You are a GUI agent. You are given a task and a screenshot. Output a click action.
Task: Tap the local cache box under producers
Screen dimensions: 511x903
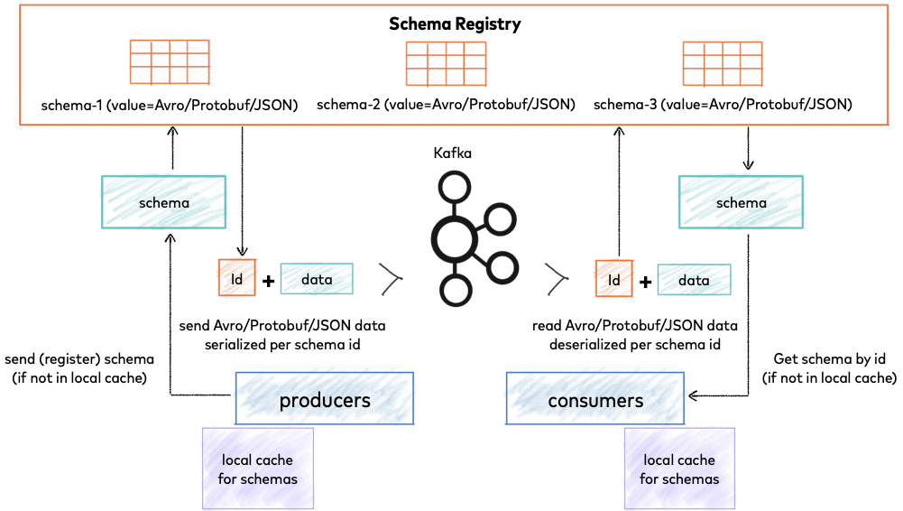(257, 469)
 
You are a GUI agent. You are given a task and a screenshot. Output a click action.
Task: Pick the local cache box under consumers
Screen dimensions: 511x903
(679, 469)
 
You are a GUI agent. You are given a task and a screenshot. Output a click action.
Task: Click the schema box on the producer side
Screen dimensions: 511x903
(163, 202)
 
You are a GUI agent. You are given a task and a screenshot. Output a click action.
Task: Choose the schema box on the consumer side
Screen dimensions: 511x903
(741, 202)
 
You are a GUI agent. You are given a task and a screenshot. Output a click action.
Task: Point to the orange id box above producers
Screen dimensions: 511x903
(237, 278)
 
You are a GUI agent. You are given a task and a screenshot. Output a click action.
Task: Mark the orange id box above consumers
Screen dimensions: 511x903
(614, 278)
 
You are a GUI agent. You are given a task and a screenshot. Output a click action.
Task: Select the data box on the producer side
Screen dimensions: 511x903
(317, 279)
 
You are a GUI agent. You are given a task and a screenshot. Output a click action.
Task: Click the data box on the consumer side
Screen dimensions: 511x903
(694, 280)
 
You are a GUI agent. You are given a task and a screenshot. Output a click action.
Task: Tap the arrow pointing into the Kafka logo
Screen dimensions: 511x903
(390, 279)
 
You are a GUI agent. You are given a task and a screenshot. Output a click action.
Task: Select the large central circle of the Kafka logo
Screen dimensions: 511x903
(454, 239)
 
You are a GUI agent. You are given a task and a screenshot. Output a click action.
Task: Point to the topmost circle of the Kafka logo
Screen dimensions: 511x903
(455, 188)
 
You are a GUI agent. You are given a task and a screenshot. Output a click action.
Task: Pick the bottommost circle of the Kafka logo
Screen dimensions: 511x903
(456, 291)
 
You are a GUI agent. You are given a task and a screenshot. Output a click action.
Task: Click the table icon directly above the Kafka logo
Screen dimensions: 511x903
(446, 63)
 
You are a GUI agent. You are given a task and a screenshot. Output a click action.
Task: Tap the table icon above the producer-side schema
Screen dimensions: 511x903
(170, 62)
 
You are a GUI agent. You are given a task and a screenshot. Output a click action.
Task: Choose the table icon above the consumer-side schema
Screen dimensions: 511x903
(722, 63)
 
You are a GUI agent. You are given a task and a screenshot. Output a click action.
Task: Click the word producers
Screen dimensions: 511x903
(325, 400)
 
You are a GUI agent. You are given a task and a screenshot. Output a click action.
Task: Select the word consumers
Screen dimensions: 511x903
(595, 400)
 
